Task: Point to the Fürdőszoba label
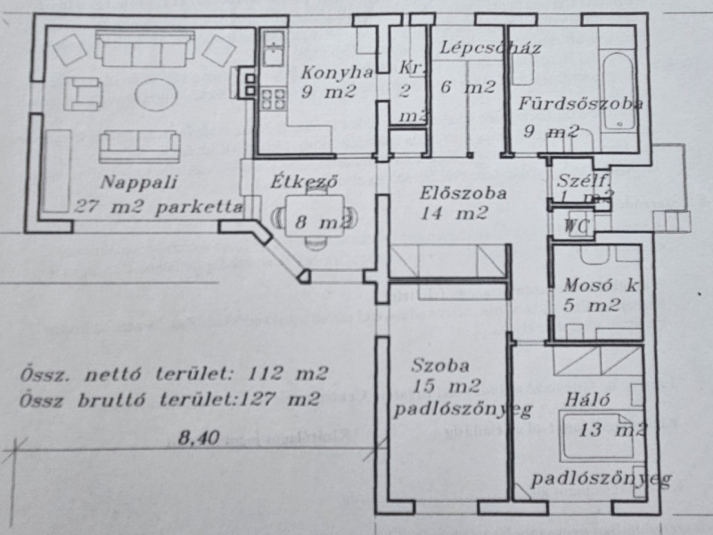[x=579, y=103]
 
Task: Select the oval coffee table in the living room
[x=157, y=92]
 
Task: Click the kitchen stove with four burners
[x=271, y=98]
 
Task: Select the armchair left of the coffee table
[x=83, y=91]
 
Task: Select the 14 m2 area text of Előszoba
[x=455, y=214]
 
